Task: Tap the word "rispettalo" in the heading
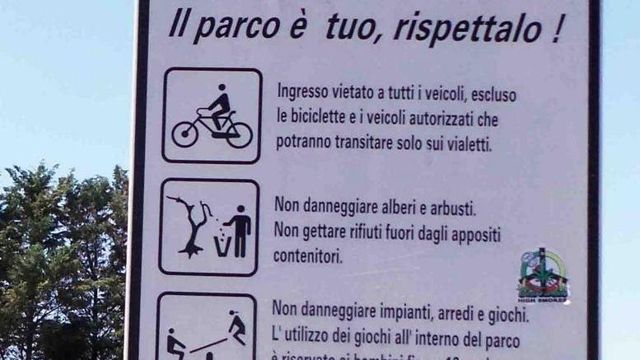468,28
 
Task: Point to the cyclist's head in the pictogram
221,88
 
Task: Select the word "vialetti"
465,145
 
